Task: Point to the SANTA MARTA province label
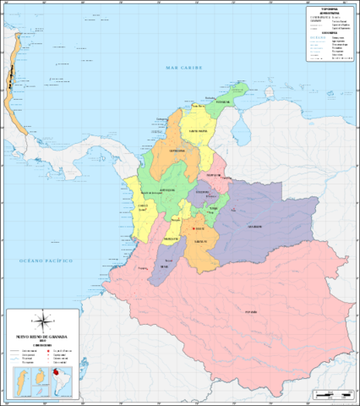198,131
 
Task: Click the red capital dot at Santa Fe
194,228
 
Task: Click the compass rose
42,322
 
